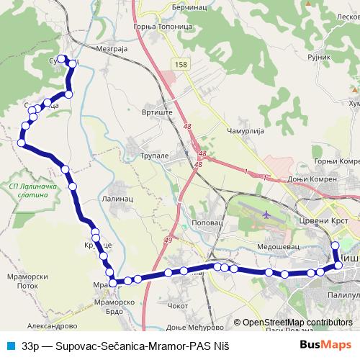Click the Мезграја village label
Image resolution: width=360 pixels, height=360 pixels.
pos(110,48)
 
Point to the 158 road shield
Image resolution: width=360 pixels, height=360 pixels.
pos(181,64)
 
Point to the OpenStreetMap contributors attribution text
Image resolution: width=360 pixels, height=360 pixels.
pos(297,323)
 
